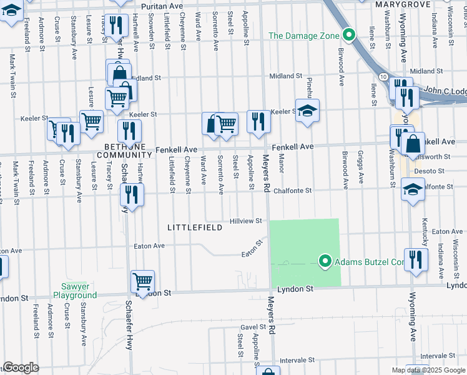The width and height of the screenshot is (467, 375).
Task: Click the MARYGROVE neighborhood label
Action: tap(400, 4)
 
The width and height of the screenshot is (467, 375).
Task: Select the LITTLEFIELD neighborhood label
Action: tap(195, 228)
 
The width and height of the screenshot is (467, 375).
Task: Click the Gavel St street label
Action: tap(253, 327)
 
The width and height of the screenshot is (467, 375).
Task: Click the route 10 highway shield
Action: tap(382, 76)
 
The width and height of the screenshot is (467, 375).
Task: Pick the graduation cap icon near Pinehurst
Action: tap(307, 111)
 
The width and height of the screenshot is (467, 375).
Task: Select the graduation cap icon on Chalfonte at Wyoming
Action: tap(413, 189)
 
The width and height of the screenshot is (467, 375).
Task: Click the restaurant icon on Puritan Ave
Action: tap(116, 25)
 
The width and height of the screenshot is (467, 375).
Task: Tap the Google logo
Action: tap(21, 367)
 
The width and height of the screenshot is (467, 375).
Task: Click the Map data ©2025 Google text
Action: tap(428, 370)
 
